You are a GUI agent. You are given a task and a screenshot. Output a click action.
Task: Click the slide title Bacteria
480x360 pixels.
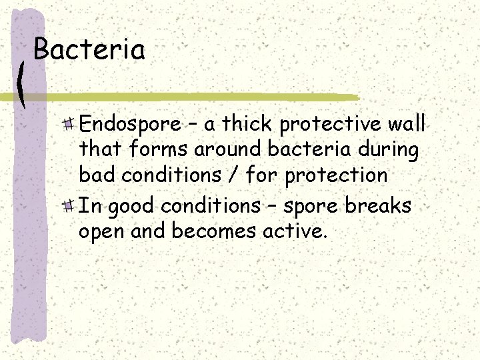pos(89,50)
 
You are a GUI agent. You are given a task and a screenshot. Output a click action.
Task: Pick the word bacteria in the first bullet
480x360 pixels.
pos(296,150)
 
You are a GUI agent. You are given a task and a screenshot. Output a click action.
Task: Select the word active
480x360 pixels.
pos(292,231)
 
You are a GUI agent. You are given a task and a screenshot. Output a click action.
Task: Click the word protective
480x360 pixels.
pos(329,125)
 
